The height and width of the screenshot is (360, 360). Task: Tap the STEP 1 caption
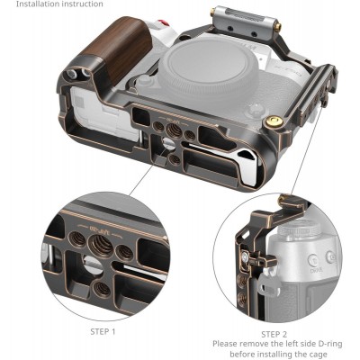point(103,332)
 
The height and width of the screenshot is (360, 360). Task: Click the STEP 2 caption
point(267,333)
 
